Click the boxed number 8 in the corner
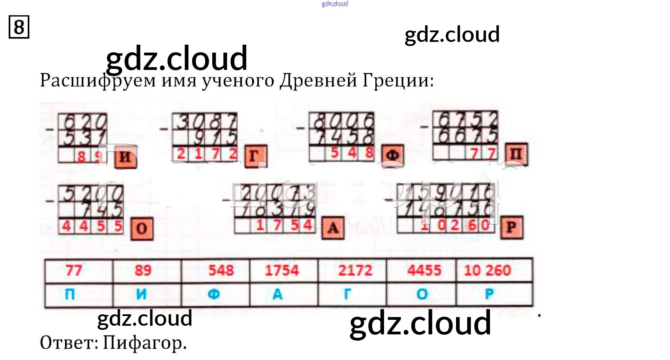pyautogui.click(x=19, y=27)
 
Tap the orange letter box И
pyautogui.click(x=125, y=157)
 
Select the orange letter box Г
pyautogui.click(x=256, y=156)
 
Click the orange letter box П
pyautogui.click(x=516, y=154)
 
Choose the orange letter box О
pyautogui.click(x=142, y=228)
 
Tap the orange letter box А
pyautogui.click(x=333, y=228)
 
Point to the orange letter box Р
pyautogui.click(x=511, y=227)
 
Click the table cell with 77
pyautogui.click(x=74, y=270)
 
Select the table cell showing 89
pyautogui.click(x=143, y=270)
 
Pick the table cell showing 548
pyautogui.click(x=221, y=270)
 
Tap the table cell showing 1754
pyautogui.click(x=282, y=270)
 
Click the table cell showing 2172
pyautogui.click(x=355, y=270)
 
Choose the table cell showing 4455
pyautogui.click(x=424, y=270)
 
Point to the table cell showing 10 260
pyautogui.click(x=488, y=270)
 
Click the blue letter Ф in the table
pyautogui.click(x=214, y=294)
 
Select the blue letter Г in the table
pyautogui.click(x=347, y=294)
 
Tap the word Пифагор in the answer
pyautogui.click(x=145, y=343)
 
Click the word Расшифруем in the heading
pyautogui.click(x=98, y=81)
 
